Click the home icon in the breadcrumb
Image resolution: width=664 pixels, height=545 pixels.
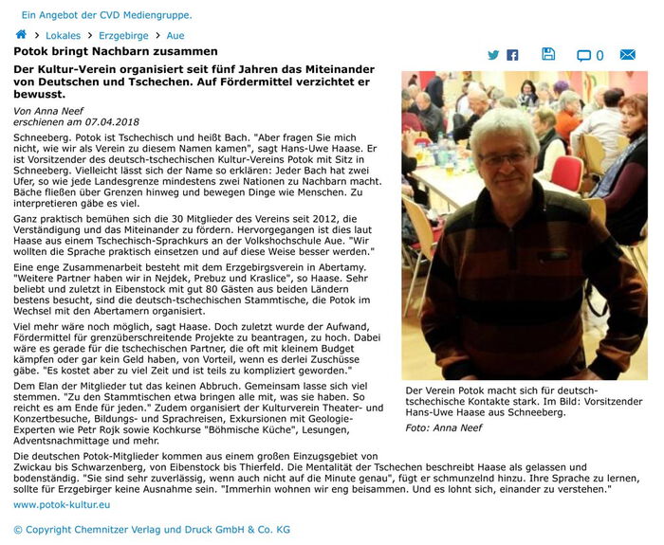pos(21,35)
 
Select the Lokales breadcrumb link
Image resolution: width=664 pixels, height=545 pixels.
pos(63,35)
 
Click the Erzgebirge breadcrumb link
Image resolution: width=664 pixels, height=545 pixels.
pos(123,35)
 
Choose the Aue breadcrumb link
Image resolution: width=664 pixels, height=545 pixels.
pos(175,35)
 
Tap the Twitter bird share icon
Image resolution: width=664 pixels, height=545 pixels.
pos(493,55)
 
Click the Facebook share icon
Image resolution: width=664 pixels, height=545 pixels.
pos(512,55)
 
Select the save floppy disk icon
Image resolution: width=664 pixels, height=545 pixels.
pos(548,54)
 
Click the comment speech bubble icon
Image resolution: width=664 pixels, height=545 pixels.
pos(583,55)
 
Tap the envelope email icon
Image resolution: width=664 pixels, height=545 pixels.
pos(627,55)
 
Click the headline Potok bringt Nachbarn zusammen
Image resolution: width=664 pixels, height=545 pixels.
pos(115,51)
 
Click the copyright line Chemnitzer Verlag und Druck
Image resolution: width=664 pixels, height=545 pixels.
pos(152,529)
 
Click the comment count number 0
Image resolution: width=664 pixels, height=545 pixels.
pos(599,55)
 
